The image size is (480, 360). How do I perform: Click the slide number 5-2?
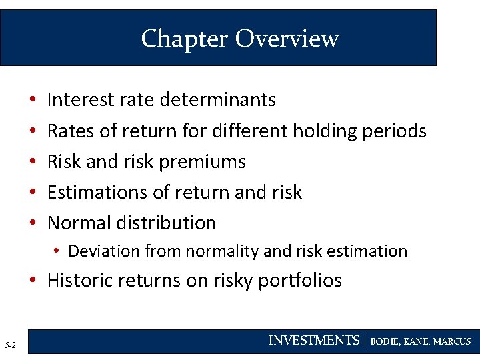tap(11, 345)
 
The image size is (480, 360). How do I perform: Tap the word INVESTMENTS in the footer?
tap(313, 341)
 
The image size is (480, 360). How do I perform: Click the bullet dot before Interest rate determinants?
tap(33, 100)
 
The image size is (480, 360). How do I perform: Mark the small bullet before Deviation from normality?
tap(59, 251)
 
